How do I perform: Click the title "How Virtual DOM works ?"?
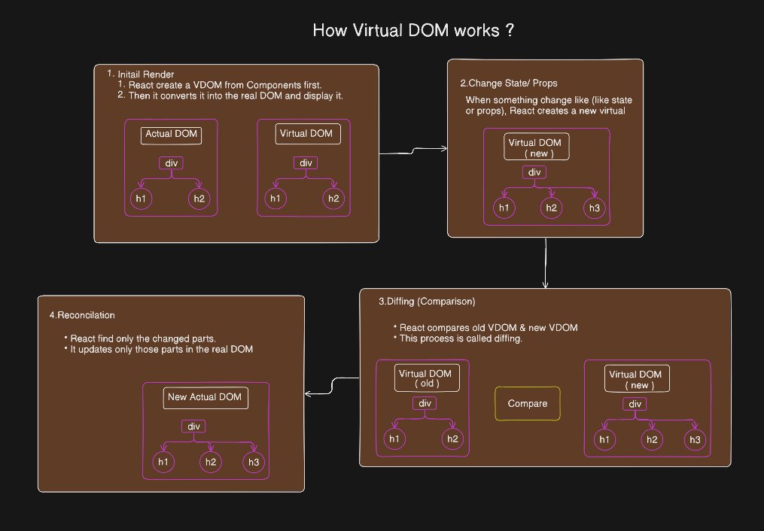413,30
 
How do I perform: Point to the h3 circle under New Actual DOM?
254,462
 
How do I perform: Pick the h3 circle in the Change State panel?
595,208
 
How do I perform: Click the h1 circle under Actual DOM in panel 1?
142,199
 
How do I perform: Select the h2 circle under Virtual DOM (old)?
452,438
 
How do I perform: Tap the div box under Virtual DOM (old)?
425,403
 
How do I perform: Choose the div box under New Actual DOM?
193,426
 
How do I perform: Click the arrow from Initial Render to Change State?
413,151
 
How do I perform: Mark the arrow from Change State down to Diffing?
545,262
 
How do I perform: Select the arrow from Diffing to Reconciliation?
332,386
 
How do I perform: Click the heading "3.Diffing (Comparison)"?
427,302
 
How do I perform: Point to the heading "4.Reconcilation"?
82,315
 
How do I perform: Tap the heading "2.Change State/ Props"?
509,83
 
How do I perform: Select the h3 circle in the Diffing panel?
695,439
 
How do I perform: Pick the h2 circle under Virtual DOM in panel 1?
333,199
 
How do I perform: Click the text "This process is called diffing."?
461,338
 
